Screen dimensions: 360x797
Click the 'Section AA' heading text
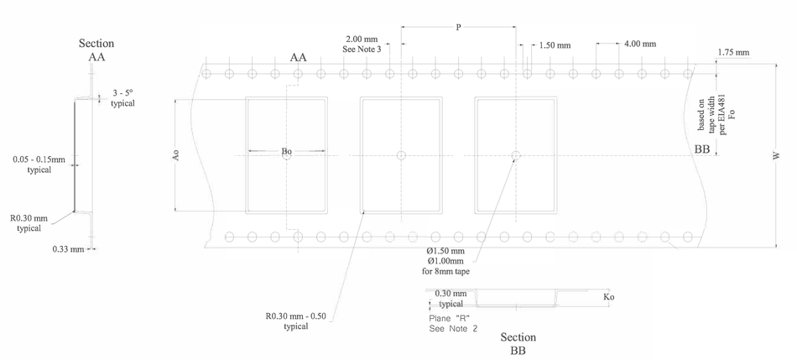pyautogui.click(x=96, y=50)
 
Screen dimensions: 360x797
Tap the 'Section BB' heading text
pyautogui.click(x=518, y=343)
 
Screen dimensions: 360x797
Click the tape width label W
pyautogui.click(x=776, y=156)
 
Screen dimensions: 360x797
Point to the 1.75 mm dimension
pyautogui.click(x=733, y=53)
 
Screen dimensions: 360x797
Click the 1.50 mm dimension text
pyautogui.click(x=555, y=45)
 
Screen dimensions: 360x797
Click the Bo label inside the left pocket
pyautogui.click(x=287, y=152)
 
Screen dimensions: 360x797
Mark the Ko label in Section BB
pyautogui.click(x=608, y=297)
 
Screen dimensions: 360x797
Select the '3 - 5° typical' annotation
pyautogui.click(x=123, y=98)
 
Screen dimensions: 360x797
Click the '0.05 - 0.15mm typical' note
pyautogui.click(x=39, y=164)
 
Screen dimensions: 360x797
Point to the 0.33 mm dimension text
pyautogui.click(x=68, y=249)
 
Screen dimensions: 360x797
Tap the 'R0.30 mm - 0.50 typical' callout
pyautogui.click(x=296, y=321)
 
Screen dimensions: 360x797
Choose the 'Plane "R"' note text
pyautogui.click(x=450, y=319)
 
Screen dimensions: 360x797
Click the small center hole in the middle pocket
pyautogui.click(x=401, y=155)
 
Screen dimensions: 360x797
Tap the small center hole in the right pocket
pyautogui.click(x=516, y=155)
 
